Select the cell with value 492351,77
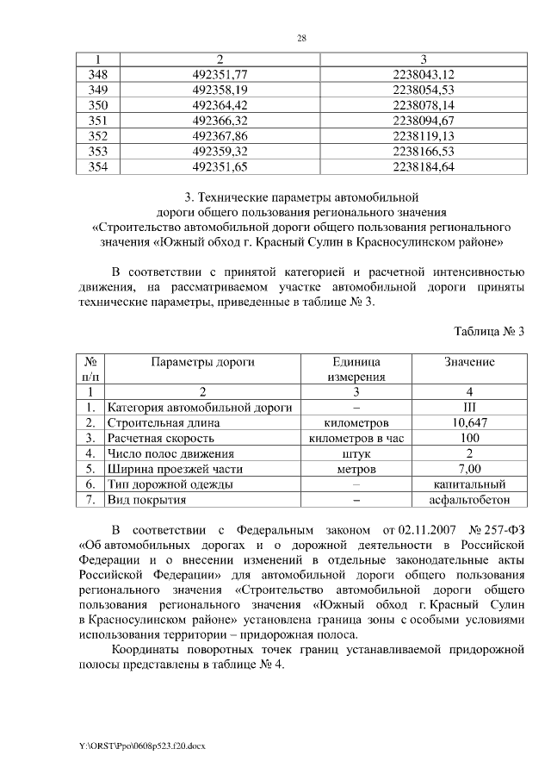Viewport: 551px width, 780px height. point(220,75)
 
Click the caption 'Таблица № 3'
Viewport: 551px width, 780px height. point(488,332)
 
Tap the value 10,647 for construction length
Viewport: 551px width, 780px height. point(469,423)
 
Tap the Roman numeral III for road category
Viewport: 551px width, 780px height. point(469,408)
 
